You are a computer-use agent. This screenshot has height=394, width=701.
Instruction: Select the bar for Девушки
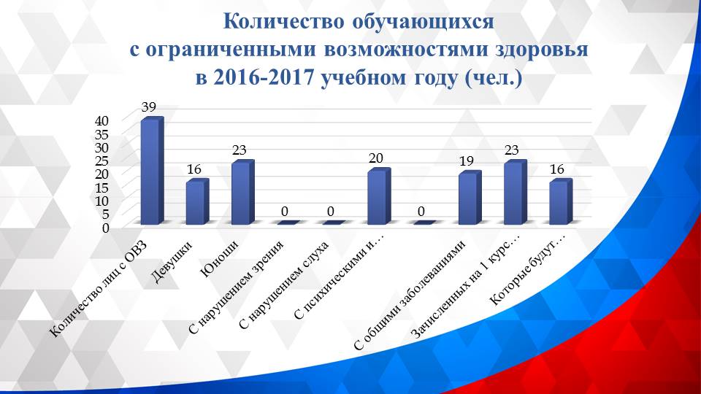point(196,203)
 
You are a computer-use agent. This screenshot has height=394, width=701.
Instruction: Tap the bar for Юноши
point(241,193)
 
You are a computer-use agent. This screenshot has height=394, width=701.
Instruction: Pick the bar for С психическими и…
point(377,197)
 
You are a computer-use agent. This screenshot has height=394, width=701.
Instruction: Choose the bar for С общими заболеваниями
point(467,198)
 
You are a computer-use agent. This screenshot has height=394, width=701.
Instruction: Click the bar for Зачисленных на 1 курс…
point(513,193)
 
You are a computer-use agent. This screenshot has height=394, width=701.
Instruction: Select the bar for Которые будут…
point(559,203)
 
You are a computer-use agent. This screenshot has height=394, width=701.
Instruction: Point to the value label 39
point(149,107)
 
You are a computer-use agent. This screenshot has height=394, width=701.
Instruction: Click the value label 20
point(376,158)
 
